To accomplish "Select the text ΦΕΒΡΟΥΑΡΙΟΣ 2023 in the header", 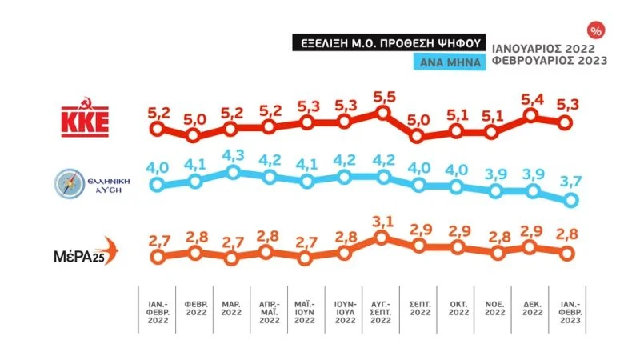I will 549,61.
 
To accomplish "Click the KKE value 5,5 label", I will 383,94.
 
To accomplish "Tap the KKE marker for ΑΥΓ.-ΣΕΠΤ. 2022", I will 383,114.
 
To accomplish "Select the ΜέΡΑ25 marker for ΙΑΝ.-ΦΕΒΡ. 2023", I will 567,253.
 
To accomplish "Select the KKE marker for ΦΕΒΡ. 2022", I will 194,135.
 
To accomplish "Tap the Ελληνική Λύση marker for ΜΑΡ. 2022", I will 232,172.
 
